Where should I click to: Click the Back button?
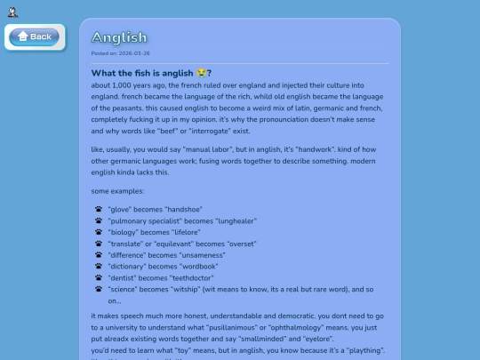tap(34, 36)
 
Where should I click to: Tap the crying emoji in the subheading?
tap(201, 73)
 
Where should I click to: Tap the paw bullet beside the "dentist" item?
tap(98, 277)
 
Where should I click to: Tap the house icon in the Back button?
tap(23, 36)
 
